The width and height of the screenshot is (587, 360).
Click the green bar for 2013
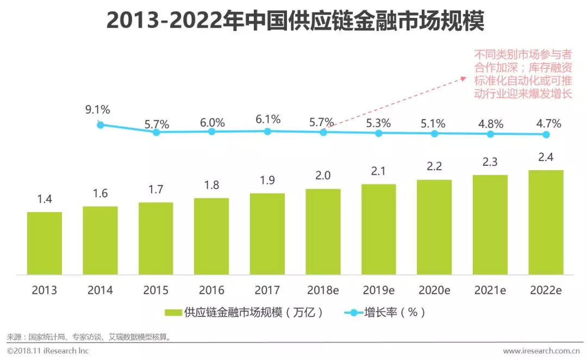point(45,243)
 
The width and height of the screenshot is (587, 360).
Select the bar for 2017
point(267,234)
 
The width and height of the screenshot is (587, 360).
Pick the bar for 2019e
point(379,229)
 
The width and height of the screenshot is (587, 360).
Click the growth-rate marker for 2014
point(101,125)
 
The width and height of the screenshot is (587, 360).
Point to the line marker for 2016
point(212,132)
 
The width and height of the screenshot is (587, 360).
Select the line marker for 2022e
point(546,135)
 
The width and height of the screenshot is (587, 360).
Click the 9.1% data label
point(97,110)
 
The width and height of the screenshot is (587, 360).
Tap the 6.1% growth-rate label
point(267,119)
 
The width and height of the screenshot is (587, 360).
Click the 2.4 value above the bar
point(546,158)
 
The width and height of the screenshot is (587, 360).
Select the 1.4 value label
point(45,200)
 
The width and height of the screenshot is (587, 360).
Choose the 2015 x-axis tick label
point(156,290)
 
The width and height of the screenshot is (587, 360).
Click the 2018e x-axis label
point(323,290)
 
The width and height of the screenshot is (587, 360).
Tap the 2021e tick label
point(490,290)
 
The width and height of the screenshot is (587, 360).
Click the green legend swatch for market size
point(173,312)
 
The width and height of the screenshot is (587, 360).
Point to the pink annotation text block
point(523,74)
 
